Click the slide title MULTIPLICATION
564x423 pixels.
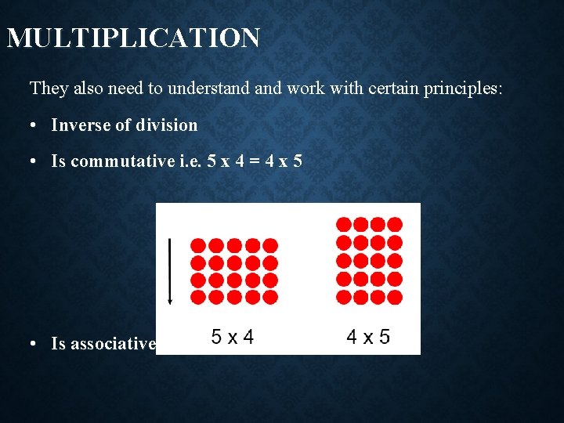click(133, 38)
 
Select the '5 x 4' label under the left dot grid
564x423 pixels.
click(233, 338)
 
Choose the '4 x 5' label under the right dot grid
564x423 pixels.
click(368, 338)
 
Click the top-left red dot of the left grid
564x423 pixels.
click(198, 245)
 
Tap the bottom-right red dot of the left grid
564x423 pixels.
click(270, 297)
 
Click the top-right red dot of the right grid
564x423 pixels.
click(395, 225)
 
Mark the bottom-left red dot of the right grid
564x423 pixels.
click(343, 297)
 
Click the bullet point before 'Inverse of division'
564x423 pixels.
click(36, 125)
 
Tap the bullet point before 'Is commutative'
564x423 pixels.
click(36, 162)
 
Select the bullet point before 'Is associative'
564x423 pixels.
click(36, 344)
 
